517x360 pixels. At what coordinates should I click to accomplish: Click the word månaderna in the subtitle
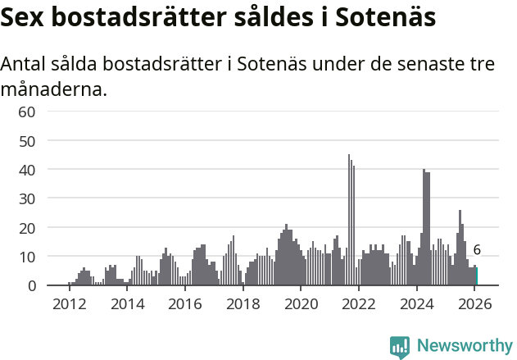(54, 89)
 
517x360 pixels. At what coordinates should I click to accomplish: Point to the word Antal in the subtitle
(25, 64)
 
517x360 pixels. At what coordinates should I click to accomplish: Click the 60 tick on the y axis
(27, 112)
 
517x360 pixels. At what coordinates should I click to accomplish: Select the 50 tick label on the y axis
(27, 140)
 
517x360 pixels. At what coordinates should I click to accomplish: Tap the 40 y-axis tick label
(27, 170)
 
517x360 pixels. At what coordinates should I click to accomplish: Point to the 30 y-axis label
(27, 198)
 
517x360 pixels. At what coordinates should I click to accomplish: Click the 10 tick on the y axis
(27, 257)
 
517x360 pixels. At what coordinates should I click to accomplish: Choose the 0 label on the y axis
(31, 285)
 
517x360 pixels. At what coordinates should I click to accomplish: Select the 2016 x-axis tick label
(184, 303)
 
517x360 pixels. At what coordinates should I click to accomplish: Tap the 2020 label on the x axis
(301, 303)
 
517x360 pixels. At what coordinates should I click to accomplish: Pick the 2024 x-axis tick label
(416, 303)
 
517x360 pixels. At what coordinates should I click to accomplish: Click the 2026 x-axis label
(474, 303)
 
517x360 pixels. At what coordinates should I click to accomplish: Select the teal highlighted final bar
(477, 276)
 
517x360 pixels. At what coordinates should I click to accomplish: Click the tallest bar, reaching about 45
(349, 220)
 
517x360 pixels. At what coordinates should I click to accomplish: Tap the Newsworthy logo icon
(400, 347)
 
